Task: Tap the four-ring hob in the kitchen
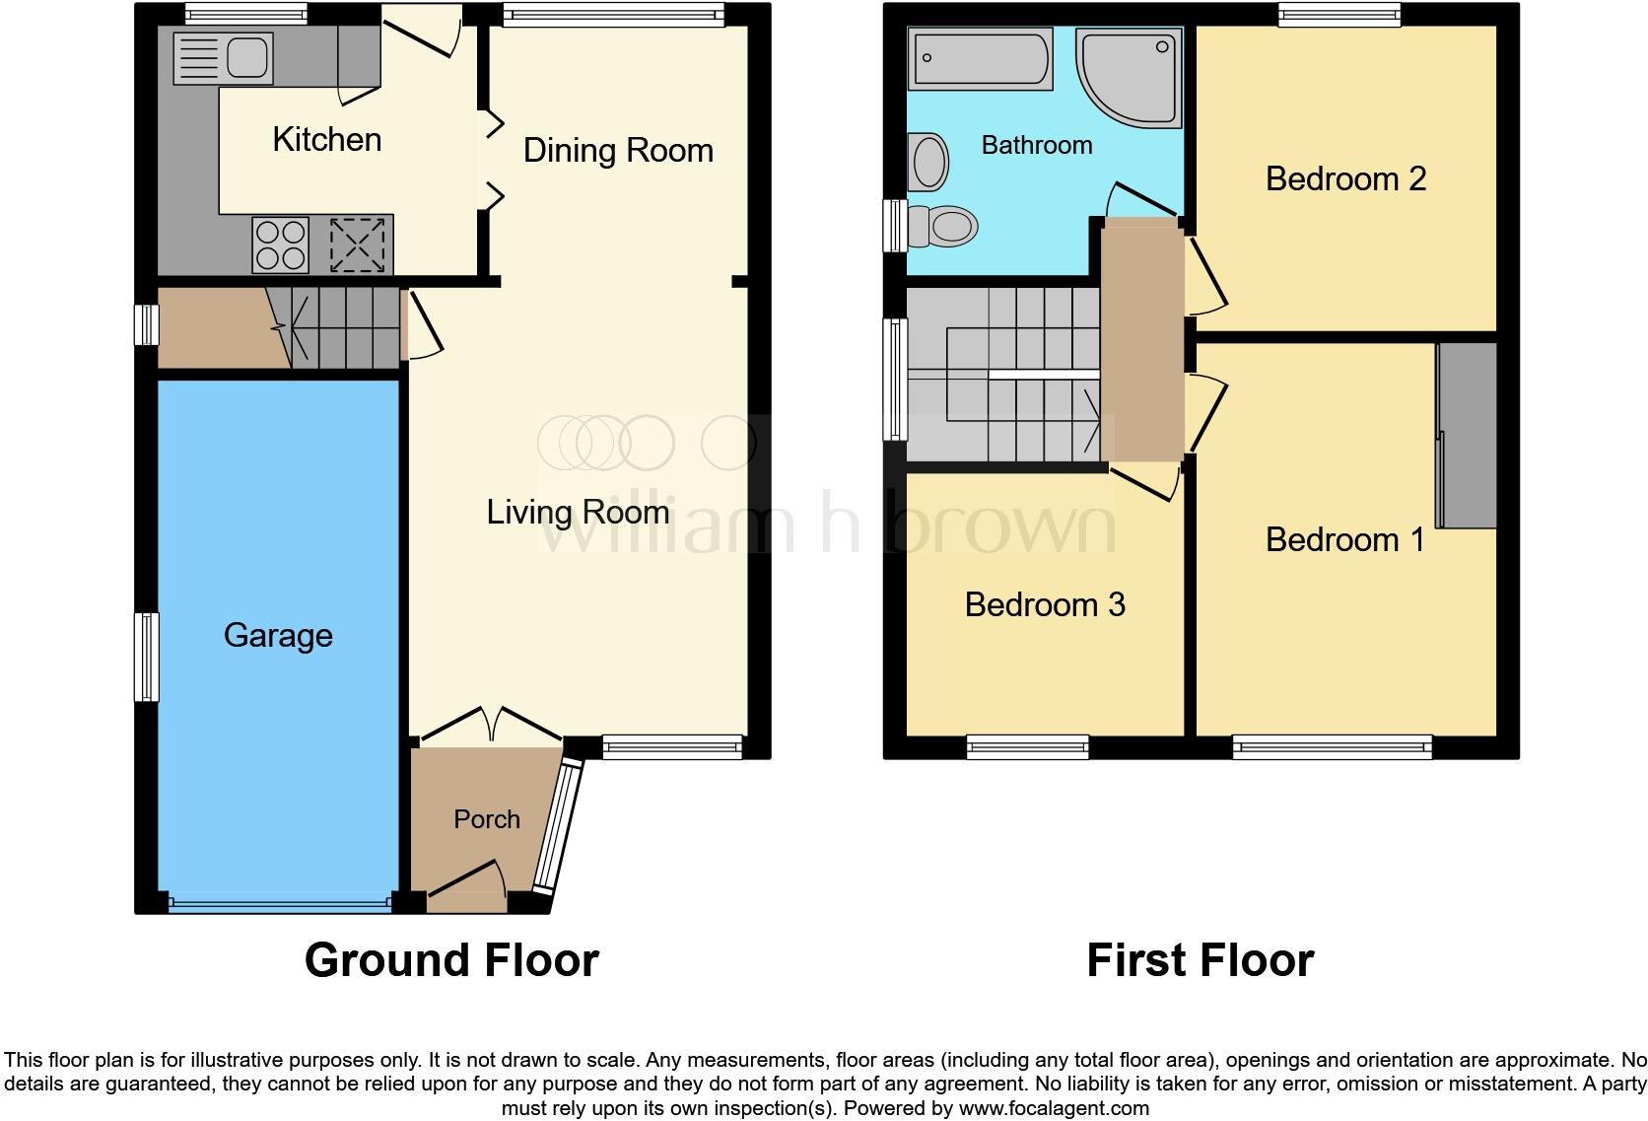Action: [281, 245]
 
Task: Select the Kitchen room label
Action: [326, 140]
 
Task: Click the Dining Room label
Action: [618, 151]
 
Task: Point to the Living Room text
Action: [578, 513]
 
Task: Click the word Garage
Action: [278, 636]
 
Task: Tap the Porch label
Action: [487, 819]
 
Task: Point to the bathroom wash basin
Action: [929, 163]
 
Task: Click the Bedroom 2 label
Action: [1345, 179]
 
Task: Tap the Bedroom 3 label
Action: [1045, 604]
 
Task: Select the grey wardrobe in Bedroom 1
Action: [1468, 436]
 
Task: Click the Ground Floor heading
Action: [451, 960]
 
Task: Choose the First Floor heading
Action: [1200, 960]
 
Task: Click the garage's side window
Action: [146, 657]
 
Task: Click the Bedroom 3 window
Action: [1028, 747]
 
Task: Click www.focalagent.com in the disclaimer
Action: [1053, 1108]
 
